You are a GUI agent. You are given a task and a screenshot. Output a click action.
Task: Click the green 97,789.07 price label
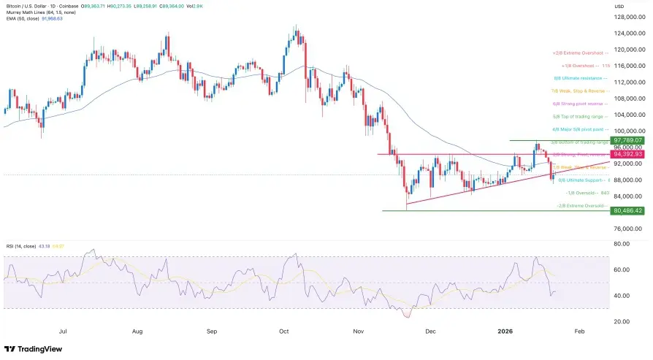click(627, 139)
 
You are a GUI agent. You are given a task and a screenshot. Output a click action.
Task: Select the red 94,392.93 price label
click(627, 154)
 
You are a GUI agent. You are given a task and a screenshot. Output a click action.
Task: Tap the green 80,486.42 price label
click(627, 211)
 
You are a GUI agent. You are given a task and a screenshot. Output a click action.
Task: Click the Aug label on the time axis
click(137, 331)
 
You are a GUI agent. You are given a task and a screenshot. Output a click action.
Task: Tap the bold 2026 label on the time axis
click(505, 331)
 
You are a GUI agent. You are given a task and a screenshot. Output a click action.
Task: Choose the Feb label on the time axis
click(579, 331)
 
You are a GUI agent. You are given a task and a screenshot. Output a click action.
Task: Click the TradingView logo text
click(36, 348)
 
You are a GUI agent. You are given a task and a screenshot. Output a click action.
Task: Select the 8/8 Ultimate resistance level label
click(580, 78)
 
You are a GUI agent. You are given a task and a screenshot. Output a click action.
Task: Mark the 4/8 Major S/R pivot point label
click(581, 129)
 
